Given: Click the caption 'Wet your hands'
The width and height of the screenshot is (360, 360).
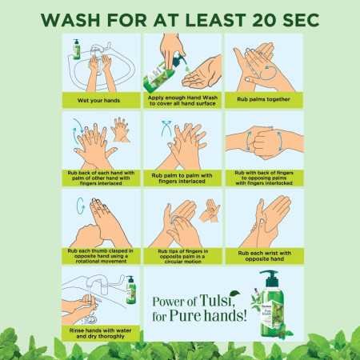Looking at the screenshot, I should click(x=98, y=100).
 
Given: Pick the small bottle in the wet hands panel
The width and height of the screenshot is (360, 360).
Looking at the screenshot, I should click(x=77, y=48).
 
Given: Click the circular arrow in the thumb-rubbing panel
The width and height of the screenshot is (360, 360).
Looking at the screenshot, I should click(x=78, y=205).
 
